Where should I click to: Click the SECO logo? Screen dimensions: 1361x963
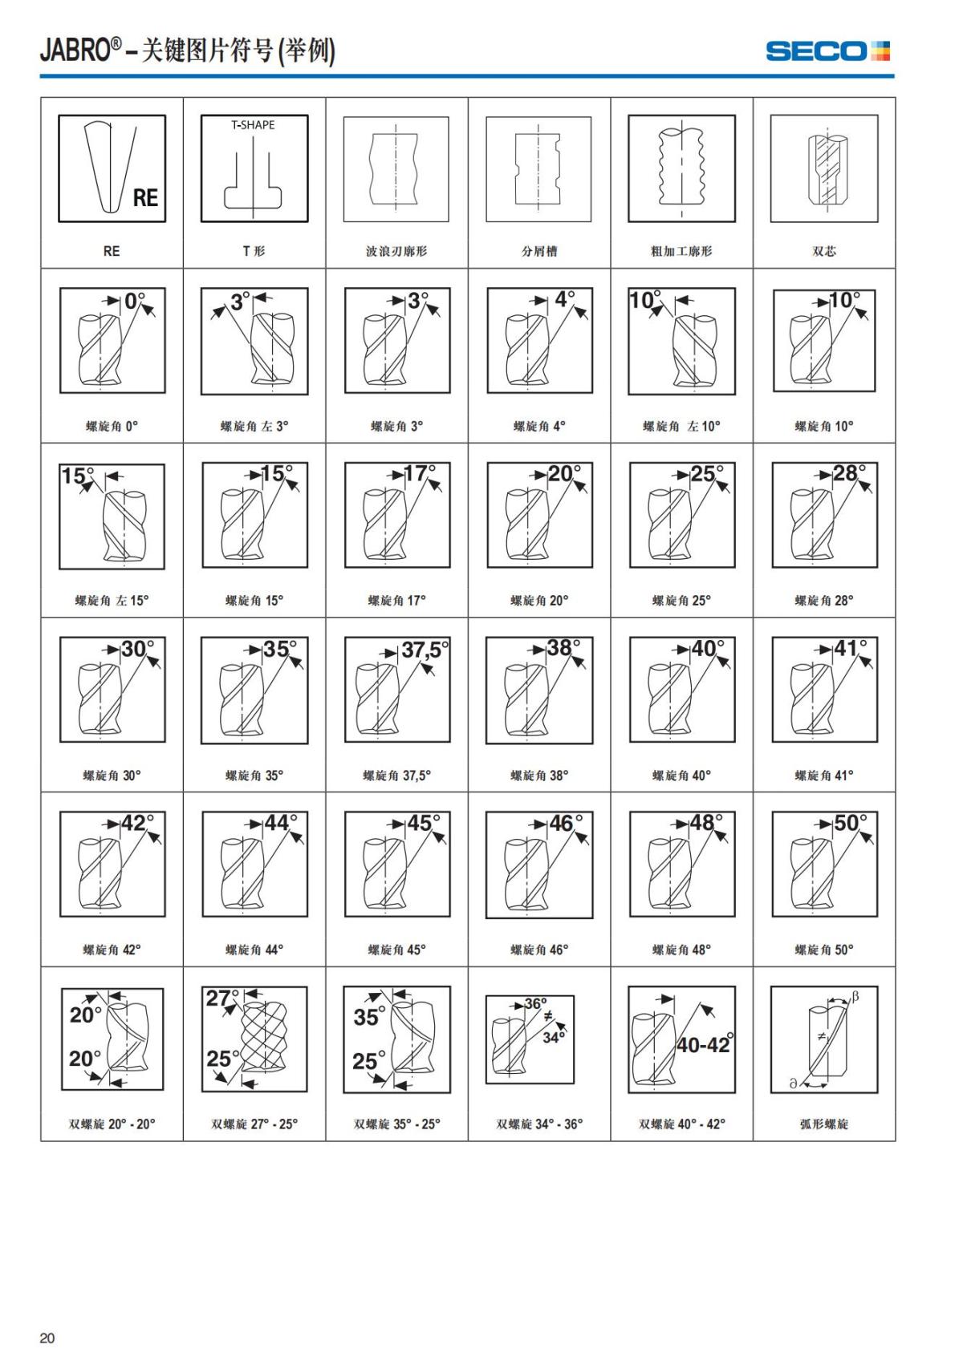pos(827,51)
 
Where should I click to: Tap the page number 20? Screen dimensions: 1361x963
pos(47,1338)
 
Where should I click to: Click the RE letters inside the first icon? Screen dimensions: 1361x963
pos(145,197)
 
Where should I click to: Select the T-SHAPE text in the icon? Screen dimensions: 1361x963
pos(253,125)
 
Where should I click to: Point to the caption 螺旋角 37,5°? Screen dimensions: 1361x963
pos(396,776)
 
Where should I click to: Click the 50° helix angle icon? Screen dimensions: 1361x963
pos(824,864)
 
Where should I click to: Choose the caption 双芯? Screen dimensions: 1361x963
pos(824,252)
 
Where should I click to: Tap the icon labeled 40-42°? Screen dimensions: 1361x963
pos(681,1039)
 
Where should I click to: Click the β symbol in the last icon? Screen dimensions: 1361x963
pos(855,997)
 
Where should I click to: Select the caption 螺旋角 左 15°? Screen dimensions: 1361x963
pos(112,601)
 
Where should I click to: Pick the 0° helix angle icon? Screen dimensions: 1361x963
pos(112,340)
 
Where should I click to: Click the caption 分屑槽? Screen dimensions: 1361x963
pos(539,252)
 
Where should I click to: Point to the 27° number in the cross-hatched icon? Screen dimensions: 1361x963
pos(220,998)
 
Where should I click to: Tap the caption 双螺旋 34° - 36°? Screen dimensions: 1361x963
pos(539,1124)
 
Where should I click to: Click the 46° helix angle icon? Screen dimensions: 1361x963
pos(539,864)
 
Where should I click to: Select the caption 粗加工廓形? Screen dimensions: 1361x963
pos(681,252)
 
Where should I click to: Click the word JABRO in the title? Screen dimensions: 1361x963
pos(75,51)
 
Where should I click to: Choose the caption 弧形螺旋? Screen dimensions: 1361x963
pos(824,1124)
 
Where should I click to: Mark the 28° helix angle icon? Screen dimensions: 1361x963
pos(824,515)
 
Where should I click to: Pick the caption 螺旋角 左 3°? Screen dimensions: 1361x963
pos(254,427)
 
